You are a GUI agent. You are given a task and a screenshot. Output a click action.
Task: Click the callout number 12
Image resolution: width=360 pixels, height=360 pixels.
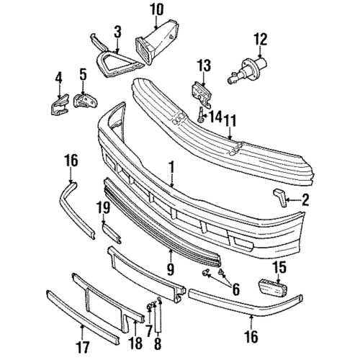pos(260,38)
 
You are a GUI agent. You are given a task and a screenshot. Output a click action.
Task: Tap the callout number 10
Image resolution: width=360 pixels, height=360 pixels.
pos(157,10)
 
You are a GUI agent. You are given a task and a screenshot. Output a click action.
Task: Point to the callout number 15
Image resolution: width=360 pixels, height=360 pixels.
pos(279,267)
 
